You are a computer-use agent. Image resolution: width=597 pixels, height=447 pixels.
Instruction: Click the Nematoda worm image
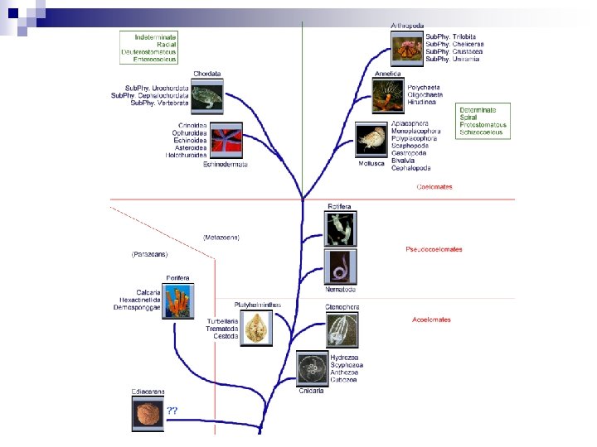click(x=341, y=267)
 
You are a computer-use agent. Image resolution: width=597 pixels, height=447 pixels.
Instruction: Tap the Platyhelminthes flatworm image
click(x=258, y=327)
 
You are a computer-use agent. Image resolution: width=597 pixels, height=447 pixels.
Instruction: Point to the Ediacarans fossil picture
click(x=148, y=413)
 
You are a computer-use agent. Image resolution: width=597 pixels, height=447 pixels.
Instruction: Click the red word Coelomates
click(x=434, y=187)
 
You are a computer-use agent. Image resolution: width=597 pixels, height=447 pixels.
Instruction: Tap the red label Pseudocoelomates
click(x=434, y=249)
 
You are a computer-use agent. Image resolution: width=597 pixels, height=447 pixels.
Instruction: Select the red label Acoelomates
click(x=431, y=320)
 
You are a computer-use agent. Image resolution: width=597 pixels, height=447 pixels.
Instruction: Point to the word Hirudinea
click(x=422, y=101)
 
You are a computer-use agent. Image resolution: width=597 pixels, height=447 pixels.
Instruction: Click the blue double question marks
click(x=172, y=410)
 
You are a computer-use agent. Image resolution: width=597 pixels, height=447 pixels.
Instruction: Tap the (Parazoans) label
click(x=151, y=254)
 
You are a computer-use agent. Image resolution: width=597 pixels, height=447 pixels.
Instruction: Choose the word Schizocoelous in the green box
click(x=483, y=132)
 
